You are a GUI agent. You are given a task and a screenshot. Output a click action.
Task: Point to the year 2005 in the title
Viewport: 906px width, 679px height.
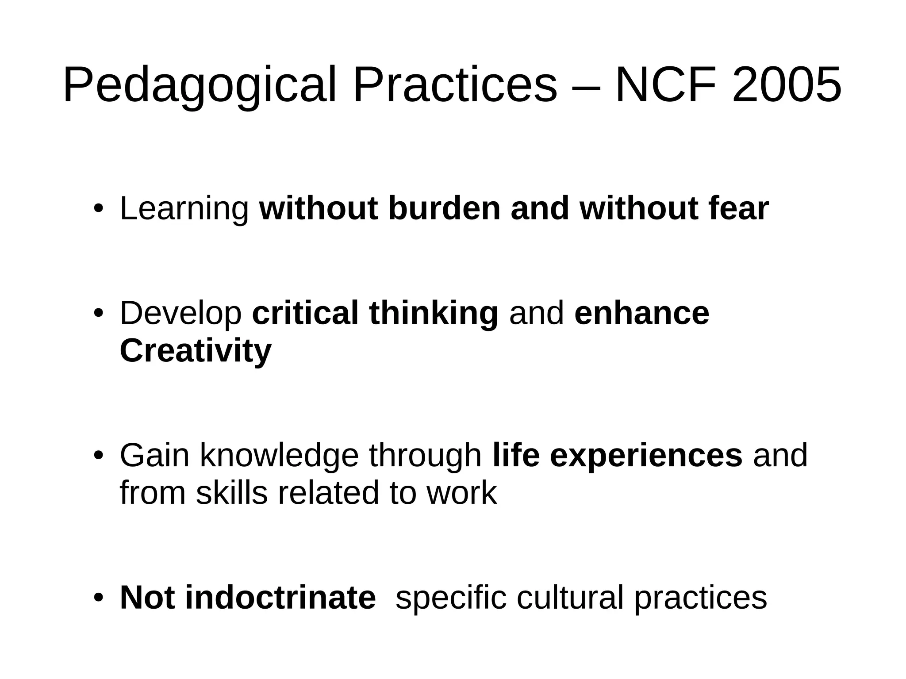pos(787,85)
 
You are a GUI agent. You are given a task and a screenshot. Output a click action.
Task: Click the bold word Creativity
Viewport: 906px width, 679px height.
pos(196,351)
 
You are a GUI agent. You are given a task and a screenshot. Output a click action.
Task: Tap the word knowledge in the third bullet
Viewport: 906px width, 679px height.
pos(279,456)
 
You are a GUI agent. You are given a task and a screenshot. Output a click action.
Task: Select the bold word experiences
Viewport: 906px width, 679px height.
pos(646,456)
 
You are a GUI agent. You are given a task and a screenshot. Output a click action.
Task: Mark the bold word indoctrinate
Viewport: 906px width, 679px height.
pos(280,598)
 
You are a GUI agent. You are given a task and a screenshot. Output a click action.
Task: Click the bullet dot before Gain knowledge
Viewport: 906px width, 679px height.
pos(98,456)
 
